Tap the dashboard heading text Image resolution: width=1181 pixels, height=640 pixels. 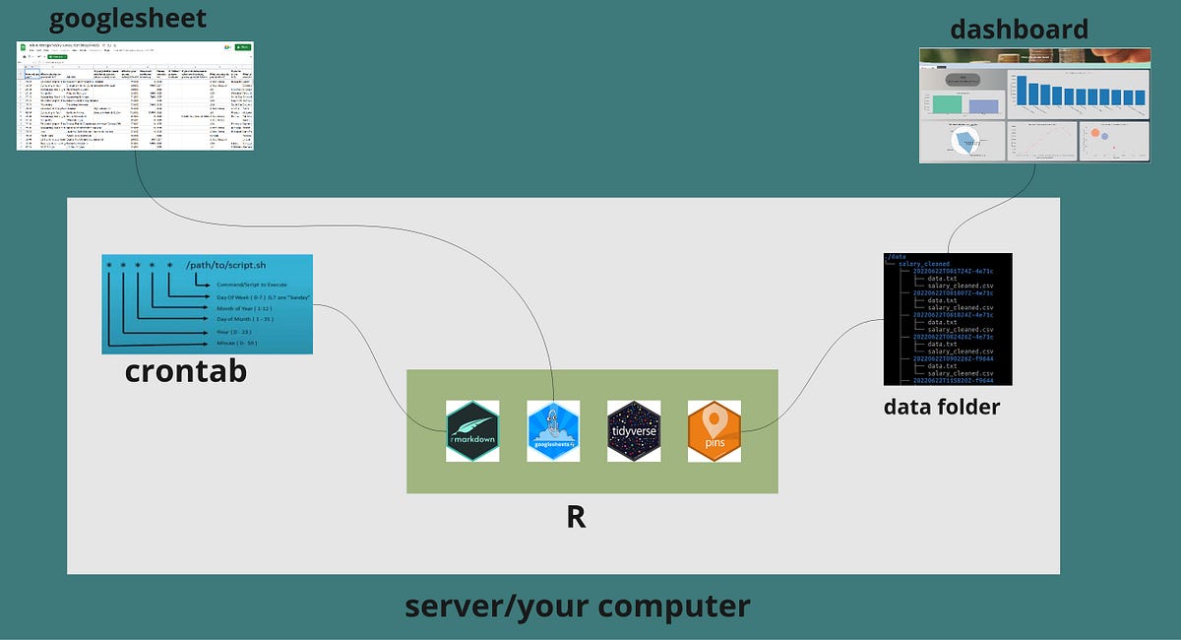[x=1020, y=29]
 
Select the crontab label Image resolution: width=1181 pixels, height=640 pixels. [x=186, y=372]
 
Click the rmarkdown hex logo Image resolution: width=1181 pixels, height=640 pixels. [x=472, y=431]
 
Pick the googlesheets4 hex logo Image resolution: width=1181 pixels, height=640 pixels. [x=553, y=431]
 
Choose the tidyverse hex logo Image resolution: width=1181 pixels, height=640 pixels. [x=634, y=431]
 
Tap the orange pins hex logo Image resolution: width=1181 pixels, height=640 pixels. [x=715, y=431]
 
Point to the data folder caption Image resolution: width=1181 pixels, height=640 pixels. [x=942, y=406]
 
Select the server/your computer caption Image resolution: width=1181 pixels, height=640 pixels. [x=577, y=606]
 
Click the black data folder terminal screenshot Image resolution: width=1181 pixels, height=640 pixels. [x=948, y=319]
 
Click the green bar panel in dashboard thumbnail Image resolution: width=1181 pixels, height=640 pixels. [x=946, y=103]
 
